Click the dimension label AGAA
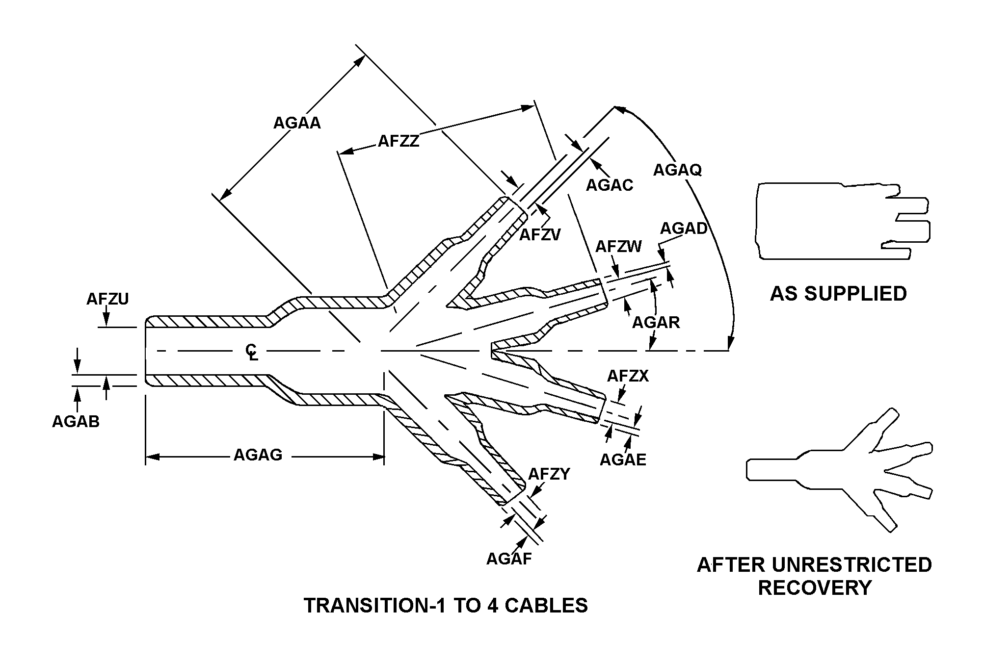[297, 123]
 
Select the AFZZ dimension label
[399, 141]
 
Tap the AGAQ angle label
[677, 170]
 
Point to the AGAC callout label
[610, 185]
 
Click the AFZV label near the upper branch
[540, 235]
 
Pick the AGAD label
[684, 229]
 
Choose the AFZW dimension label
[618, 246]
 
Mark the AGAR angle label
[656, 322]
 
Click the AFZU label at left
[107, 299]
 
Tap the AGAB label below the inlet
[76, 421]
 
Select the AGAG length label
[258, 455]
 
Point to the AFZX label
[628, 376]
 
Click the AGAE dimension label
[623, 459]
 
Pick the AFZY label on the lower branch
[549, 474]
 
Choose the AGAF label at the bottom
[509, 559]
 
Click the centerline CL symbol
[252, 352]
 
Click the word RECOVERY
[815, 587]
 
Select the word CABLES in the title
[546, 606]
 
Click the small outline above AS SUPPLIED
[842, 221]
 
